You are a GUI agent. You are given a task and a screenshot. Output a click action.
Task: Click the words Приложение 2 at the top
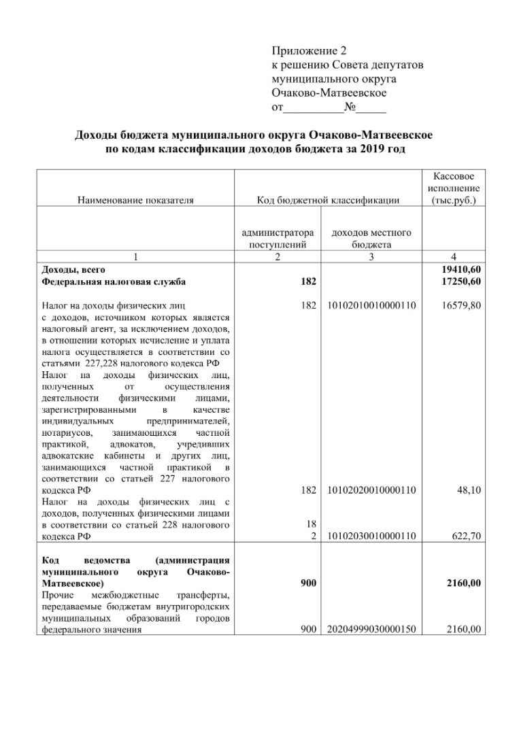coord(309,51)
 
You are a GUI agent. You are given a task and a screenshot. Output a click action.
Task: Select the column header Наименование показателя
coord(135,200)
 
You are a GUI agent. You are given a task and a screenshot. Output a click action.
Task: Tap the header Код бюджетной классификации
coord(328,200)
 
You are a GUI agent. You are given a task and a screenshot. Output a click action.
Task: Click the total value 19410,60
coord(462,270)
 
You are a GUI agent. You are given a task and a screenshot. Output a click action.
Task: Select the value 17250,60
coord(462,282)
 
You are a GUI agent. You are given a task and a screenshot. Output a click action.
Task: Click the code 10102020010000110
coord(371,490)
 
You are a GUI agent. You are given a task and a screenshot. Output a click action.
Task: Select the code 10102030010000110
coord(371,536)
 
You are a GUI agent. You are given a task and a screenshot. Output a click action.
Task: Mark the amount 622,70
coord(467,536)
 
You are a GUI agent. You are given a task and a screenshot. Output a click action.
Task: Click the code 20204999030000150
coord(371,630)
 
